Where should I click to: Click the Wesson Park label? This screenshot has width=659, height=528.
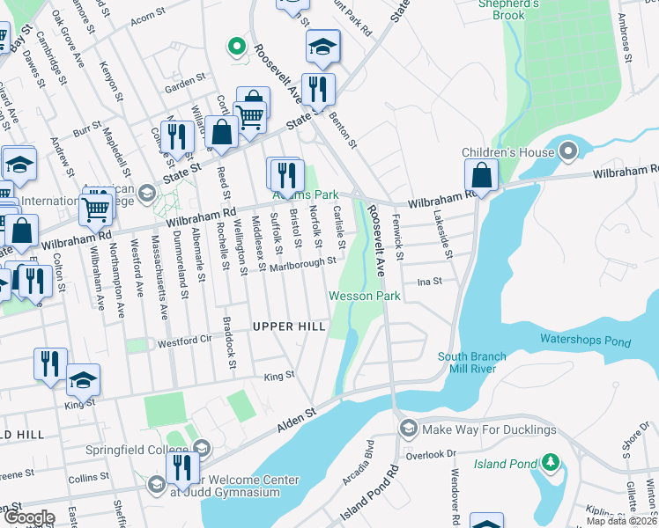365,297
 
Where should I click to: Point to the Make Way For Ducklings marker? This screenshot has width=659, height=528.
408,429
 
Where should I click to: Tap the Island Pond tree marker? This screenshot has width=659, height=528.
551,461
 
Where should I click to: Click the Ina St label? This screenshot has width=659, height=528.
429,282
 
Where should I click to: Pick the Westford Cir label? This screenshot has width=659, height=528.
186,340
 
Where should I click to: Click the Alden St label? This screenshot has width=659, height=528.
298,413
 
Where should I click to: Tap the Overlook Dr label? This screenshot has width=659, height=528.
431,454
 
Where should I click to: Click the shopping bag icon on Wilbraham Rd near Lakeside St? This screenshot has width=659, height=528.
481,174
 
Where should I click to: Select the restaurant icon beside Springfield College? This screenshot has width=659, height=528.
182,466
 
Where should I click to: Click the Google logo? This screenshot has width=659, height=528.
29,518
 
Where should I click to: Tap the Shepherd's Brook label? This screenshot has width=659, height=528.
508,9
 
